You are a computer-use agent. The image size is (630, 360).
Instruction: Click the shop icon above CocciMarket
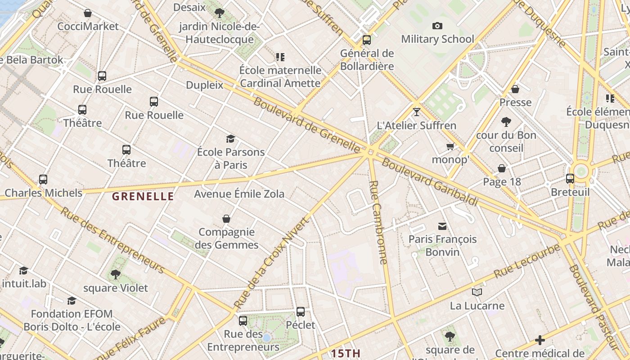[x=88, y=13]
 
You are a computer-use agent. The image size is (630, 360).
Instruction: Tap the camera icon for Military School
[x=437, y=26]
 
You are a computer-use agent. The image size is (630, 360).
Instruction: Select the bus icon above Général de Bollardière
[x=367, y=40]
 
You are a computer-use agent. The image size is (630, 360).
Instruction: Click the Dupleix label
[x=204, y=85]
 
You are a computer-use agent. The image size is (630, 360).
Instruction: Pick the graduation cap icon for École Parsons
[x=231, y=139]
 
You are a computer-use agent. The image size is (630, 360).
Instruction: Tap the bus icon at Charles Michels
[x=43, y=180]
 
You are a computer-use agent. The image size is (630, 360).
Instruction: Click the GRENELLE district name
[x=143, y=196]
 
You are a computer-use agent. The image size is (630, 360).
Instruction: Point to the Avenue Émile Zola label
[x=239, y=194]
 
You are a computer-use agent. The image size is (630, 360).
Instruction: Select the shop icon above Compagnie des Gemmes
[x=226, y=219]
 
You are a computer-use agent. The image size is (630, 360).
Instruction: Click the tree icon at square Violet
[x=116, y=274]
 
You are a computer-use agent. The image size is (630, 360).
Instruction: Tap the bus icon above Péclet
[x=301, y=311]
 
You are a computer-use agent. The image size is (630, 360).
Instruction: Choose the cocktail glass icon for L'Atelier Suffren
[x=417, y=112]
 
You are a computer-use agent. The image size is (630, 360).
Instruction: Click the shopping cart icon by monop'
[x=450, y=147]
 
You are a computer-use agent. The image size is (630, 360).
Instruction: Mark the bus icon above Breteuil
[x=570, y=179]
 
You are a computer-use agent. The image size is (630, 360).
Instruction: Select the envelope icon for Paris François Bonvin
[x=442, y=226]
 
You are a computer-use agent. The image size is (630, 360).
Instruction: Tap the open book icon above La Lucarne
[x=477, y=292]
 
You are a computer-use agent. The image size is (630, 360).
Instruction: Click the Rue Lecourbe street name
[x=527, y=261]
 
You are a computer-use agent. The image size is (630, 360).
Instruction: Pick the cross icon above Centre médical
[x=540, y=340]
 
